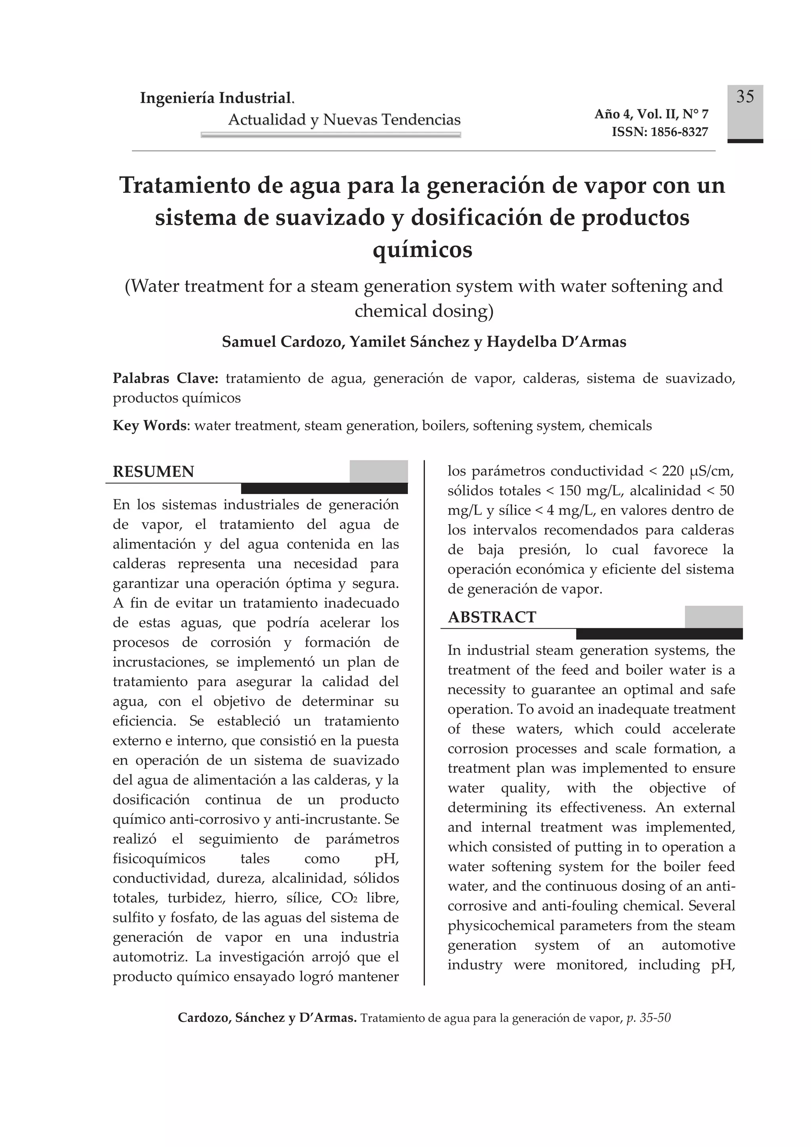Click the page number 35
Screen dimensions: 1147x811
click(x=745, y=97)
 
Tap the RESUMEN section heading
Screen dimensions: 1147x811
click(x=153, y=472)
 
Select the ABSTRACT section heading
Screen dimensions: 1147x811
click(x=492, y=618)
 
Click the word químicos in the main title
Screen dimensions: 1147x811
click(x=422, y=249)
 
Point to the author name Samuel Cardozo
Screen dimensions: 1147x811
click(x=283, y=342)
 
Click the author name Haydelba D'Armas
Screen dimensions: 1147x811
click(x=556, y=342)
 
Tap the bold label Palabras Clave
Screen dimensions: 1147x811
click(x=166, y=378)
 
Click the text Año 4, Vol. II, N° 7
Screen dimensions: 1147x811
click(x=651, y=114)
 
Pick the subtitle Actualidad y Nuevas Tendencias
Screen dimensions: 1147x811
click(x=344, y=120)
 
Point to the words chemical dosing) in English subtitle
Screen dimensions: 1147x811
click(x=424, y=311)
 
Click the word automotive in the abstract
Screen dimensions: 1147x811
click(x=698, y=945)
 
